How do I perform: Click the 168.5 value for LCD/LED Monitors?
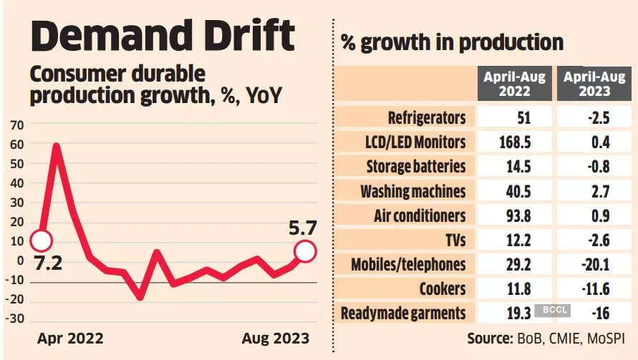[515, 142]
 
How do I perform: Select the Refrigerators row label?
[427, 118]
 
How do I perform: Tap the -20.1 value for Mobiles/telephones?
[594, 264]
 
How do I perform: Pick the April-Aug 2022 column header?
[515, 83]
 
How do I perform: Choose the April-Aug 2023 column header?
[594, 83]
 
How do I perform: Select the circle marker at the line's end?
[306, 251]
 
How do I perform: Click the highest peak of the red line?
[57, 147]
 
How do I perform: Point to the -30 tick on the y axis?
[14, 318]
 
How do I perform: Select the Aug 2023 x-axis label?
[276, 338]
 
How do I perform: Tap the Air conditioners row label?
[420, 215]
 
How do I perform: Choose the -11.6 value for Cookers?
[594, 288]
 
